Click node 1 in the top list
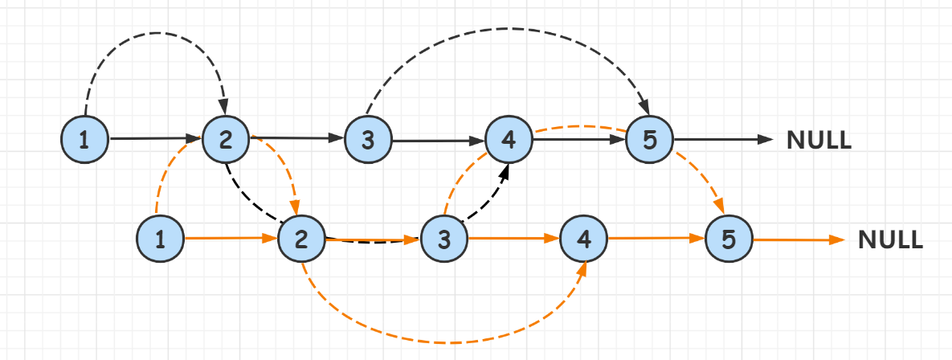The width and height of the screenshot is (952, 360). (x=85, y=139)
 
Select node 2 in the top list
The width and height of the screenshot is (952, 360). (x=226, y=139)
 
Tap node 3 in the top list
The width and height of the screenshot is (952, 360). (x=368, y=140)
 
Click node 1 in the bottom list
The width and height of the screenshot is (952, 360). (x=161, y=239)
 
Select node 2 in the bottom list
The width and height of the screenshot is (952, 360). (x=301, y=239)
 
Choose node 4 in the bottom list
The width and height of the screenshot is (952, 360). (x=584, y=239)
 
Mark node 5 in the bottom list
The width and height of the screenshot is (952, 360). (x=728, y=239)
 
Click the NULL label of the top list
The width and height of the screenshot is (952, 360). (x=819, y=140)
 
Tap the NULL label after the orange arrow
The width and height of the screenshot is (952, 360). (x=890, y=239)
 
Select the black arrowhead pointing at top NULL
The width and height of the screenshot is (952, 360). (x=765, y=140)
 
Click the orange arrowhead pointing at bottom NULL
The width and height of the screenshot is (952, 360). (x=838, y=239)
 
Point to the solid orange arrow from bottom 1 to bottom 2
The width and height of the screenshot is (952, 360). (x=229, y=239)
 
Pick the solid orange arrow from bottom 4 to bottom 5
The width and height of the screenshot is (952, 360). (x=655, y=239)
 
